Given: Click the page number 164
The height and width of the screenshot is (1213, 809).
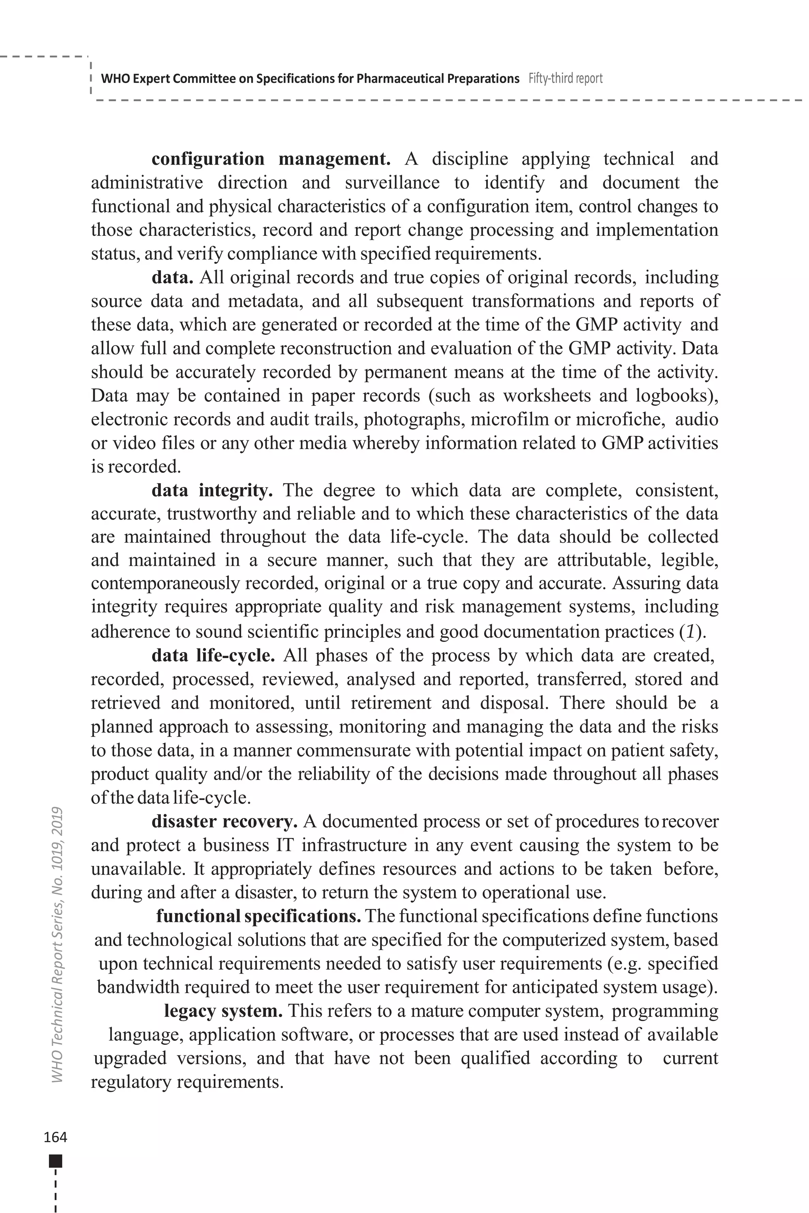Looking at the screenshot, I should click(55, 1137).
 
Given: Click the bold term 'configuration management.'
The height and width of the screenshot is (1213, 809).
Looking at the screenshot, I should click(271, 159).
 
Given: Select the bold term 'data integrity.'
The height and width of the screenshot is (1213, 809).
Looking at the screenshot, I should click(212, 490).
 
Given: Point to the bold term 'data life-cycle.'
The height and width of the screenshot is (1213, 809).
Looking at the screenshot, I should click(213, 655).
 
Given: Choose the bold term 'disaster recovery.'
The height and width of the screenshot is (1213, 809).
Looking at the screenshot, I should click(224, 821).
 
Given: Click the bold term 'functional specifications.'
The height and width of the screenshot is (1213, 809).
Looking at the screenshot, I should click(258, 916).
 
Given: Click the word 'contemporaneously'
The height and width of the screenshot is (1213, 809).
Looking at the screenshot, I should click(165, 583).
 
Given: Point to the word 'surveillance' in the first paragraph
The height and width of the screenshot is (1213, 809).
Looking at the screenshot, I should click(392, 182).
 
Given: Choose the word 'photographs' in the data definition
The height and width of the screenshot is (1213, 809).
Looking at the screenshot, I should click(414, 419).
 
